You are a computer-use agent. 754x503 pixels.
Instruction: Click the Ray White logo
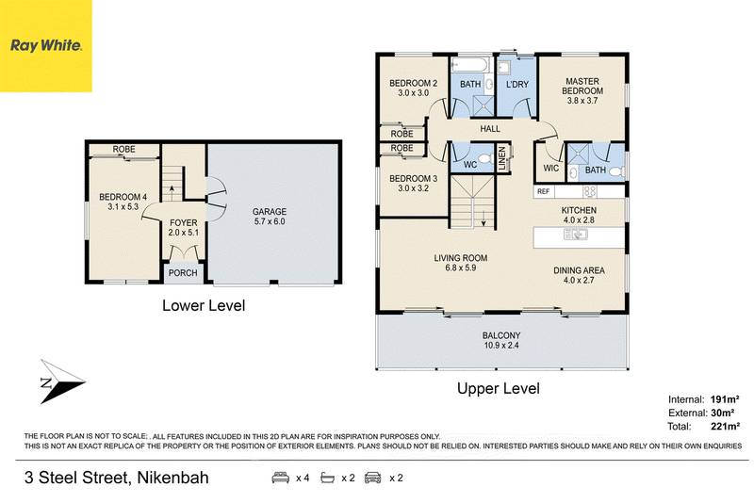click(x=46, y=45)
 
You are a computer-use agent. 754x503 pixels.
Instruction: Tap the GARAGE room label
click(x=269, y=212)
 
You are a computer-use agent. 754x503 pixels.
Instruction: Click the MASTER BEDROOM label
click(x=582, y=86)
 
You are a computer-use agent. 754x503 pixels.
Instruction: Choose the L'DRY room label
click(x=516, y=85)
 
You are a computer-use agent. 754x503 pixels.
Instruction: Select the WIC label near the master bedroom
click(x=551, y=170)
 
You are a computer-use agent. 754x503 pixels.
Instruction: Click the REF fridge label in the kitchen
click(x=543, y=191)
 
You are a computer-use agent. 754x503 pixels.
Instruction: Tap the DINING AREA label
click(x=579, y=270)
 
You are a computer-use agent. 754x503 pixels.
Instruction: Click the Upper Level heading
click(x=498, y=387)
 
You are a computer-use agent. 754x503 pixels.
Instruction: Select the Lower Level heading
click(x=204, y=305)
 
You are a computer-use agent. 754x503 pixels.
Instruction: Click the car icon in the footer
click(x=373, y=478)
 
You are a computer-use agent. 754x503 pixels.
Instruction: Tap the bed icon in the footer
click(x=280, y=478)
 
